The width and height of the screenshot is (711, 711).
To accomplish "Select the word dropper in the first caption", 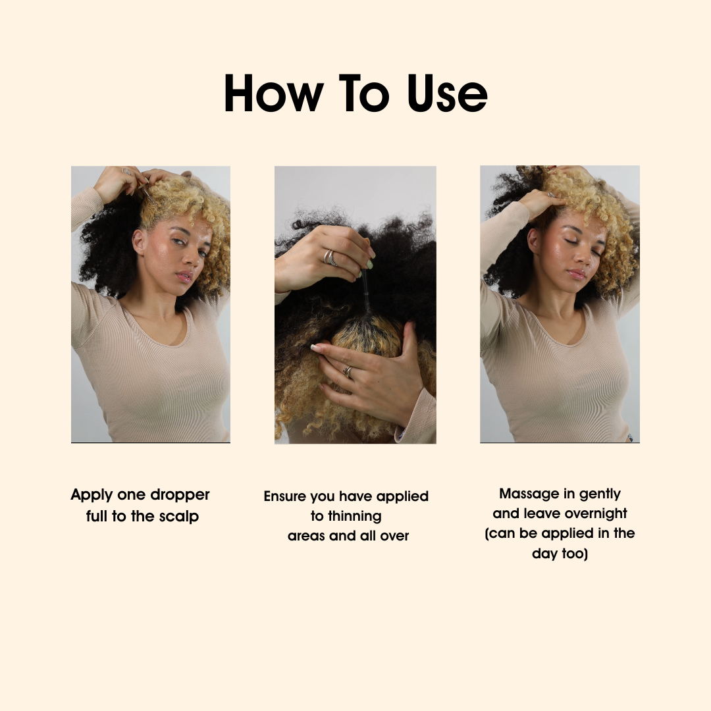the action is [180, 495].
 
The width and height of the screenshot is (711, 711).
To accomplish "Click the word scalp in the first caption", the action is [178, 517].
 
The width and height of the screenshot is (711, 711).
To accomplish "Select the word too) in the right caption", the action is [575, 554].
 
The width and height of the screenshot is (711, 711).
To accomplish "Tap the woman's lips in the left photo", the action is [184, 276].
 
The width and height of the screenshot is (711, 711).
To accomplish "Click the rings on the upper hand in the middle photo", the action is [330, 257].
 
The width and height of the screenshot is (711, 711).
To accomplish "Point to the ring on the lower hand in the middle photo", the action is [348, 372].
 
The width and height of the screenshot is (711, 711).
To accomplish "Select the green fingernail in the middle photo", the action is [369, 265].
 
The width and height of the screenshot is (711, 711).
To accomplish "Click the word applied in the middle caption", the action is [402, 497].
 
